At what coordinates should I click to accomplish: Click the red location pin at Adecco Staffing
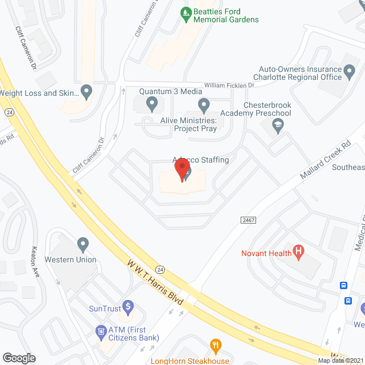coord(182,169)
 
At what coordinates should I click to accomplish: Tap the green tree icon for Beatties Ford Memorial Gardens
coord(186,11)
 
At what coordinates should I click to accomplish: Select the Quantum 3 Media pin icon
coord(152,104)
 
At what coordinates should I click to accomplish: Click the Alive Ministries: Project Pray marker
coord(204,104)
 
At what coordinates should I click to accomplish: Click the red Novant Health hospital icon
coord(297,251)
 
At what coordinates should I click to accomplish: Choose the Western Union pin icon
coord(84,245)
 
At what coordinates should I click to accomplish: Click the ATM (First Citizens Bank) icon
coord(102,331)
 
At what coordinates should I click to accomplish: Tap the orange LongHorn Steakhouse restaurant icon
coord(216,345)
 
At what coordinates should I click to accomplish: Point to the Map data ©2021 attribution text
coord(340,360)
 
